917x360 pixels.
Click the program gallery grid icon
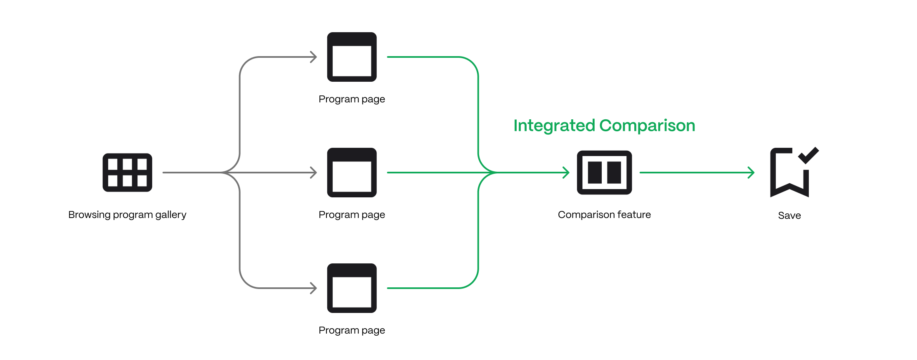127,173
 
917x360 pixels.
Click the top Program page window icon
352,57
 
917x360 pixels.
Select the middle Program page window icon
352,173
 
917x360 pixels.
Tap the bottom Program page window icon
352,288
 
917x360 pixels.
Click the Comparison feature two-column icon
604,173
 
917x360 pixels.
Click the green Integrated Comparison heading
604,126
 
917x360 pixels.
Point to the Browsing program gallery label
127,215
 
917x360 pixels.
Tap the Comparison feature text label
604,215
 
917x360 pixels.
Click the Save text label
789,216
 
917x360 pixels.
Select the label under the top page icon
352,99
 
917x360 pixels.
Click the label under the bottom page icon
352,330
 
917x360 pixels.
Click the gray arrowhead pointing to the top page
314,57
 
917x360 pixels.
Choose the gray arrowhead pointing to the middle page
314,173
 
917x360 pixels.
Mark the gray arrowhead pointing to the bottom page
314,288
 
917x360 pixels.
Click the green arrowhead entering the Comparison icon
567,173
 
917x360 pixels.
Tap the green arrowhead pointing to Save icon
752,173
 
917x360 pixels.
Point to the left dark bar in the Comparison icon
595,173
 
